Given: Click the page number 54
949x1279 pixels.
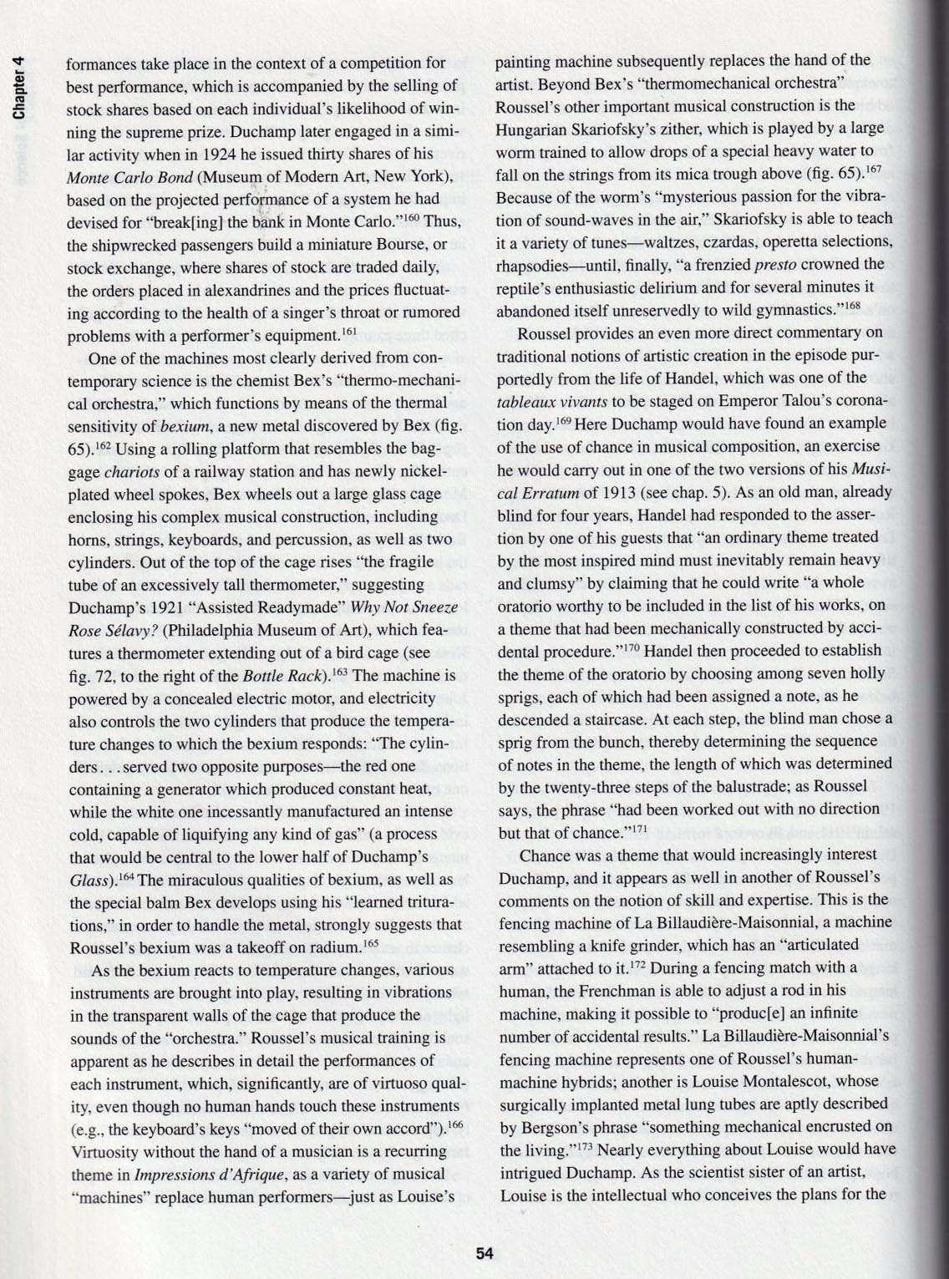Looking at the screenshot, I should pyautogui.click(x=485, y=1253).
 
